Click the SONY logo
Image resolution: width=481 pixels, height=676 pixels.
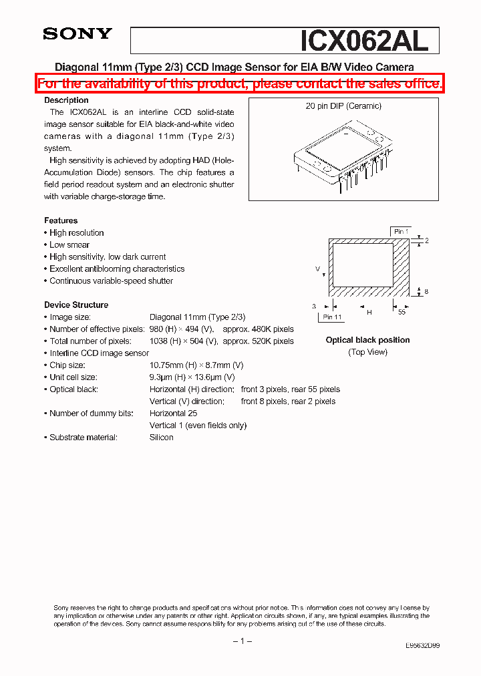click(x=77, y=34)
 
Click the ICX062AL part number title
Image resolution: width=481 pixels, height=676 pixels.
click(x=364, y=41)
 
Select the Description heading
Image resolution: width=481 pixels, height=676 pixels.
click(x=66, y=100)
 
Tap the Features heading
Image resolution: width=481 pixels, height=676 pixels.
click(x=61, y=220)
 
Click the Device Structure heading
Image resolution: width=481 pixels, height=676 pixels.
click(x=76, y=305)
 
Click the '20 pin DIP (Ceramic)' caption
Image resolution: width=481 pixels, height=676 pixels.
click(x=343, y=106)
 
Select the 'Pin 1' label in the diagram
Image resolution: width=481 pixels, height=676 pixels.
click(x=401, y=232)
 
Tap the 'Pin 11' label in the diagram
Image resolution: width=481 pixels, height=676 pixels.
click(x=332, y=317)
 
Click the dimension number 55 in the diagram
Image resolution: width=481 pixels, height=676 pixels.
click(x=402, y=311)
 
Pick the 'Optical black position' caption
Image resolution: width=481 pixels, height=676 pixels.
click(x=367, y=340)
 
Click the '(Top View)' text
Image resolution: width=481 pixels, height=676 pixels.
click(x=367, y=352)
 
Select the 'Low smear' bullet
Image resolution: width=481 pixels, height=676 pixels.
click(x=69, y=245)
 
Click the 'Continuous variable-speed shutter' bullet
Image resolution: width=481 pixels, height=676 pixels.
click(x=111, y=281)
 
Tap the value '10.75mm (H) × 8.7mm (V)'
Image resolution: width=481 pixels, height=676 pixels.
click(x=196, y=365)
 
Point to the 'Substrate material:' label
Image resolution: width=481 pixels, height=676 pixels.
click(x=84, y=438)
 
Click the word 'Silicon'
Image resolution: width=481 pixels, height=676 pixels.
click(x=161, y=438)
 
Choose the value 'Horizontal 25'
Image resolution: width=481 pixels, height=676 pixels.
click(x=173, y=413)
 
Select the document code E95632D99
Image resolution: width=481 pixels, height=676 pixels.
click(x=422, y=646)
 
